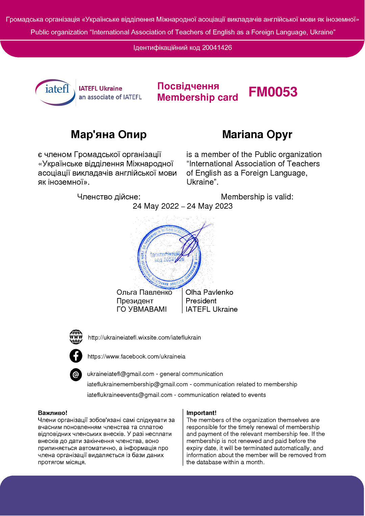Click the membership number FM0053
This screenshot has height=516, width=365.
pos(273,92)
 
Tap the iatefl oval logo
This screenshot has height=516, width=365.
pos(55,92)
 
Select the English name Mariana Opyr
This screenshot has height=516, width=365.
pos(257,134)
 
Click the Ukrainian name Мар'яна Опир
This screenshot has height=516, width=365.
pos(108,134)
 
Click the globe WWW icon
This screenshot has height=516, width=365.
pos(76,337)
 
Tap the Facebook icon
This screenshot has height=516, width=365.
pos(76,356)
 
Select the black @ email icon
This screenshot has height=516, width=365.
pos(76,374)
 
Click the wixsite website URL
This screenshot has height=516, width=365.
pos(144,338)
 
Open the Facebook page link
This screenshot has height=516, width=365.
pos(136,357)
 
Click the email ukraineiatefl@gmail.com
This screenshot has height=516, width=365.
pos(121,374)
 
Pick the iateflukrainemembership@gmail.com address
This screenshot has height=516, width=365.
pos(138,384)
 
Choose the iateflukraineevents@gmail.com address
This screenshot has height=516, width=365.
pos(130,395)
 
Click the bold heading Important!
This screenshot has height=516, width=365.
pos(201,413)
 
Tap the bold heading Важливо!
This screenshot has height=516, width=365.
pos(53,413)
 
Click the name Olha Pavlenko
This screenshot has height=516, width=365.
pos(209,292)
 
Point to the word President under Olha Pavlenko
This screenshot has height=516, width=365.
pos(201,301)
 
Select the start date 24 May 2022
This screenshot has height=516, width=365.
pos(156,206)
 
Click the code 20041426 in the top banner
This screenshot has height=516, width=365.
pos(217,48)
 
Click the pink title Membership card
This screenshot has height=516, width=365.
pos(198,97)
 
